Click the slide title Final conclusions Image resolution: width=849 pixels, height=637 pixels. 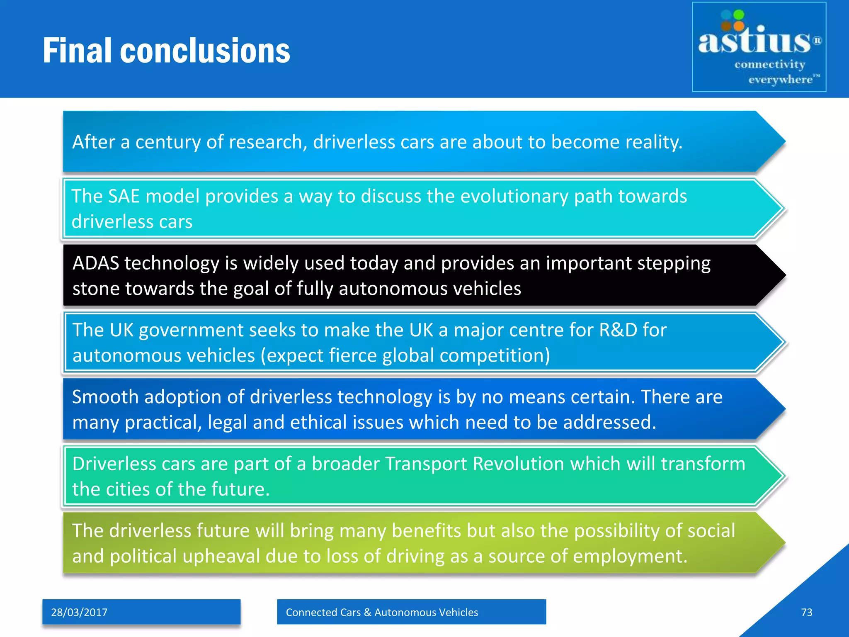(166, 51)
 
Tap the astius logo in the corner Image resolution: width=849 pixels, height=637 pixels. (759, 47)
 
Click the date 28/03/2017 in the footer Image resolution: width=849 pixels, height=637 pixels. (79, 612)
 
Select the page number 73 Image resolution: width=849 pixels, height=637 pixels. (806, 612)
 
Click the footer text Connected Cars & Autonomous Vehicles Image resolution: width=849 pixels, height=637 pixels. (382, 612)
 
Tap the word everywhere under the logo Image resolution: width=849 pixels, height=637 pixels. (780, 80)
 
